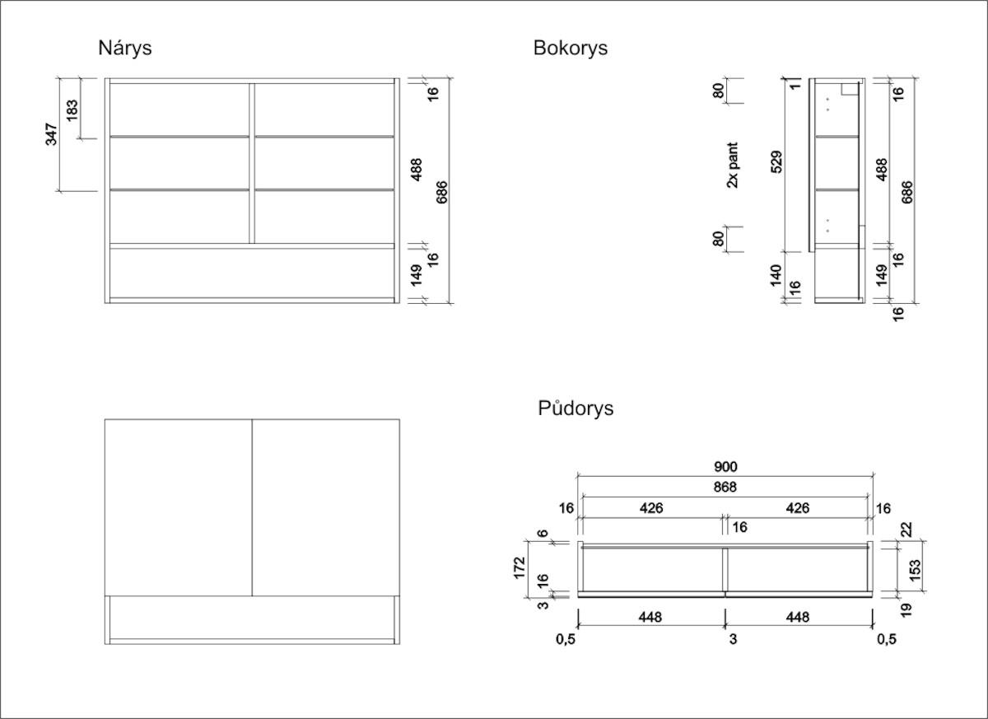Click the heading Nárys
(x=125, y=48)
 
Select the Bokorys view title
(x=570, y=48)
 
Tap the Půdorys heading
(x=576, y=408)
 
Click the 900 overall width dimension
(x=725, y=467)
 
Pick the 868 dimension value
(x=725, y=487)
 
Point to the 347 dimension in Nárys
(x=51, y=134)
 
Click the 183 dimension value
(x=72, y=110)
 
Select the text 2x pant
(x=732, y=165)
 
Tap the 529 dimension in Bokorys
(x=776, y=162)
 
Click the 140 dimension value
(x=776, y=276)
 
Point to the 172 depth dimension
(x=520, y=567)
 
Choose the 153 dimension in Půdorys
(x=916, y=571)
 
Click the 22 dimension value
(x=906, y=530)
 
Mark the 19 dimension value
(x=905, y=610)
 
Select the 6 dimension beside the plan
(x=543, y=533)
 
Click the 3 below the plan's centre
(x=733, y=639)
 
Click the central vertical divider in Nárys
(x=252, y=163)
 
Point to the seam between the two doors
(x=252, y=507)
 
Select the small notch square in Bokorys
(x=850, y=89)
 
